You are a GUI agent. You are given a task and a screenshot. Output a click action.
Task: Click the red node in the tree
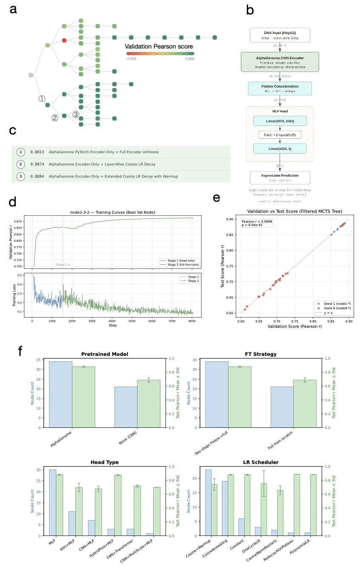click(x=64, y=40)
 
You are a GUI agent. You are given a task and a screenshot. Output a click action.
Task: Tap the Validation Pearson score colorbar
click(x=160, y=54)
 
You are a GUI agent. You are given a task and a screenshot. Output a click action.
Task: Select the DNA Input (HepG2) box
click(x=280, y=35)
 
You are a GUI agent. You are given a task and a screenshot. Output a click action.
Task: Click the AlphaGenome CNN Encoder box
click(x=280, y=61)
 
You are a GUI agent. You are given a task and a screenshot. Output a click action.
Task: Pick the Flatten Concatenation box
click(x=280, y=89)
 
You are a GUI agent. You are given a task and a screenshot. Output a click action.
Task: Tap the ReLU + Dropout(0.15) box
click(x=280, y=135)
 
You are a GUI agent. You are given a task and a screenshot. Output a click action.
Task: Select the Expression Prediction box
click(x=280, y=177)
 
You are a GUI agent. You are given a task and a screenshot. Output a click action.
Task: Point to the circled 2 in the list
click(x=20, y=164)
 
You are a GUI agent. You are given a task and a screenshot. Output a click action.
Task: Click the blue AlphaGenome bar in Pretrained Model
click(x=60, y=394)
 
